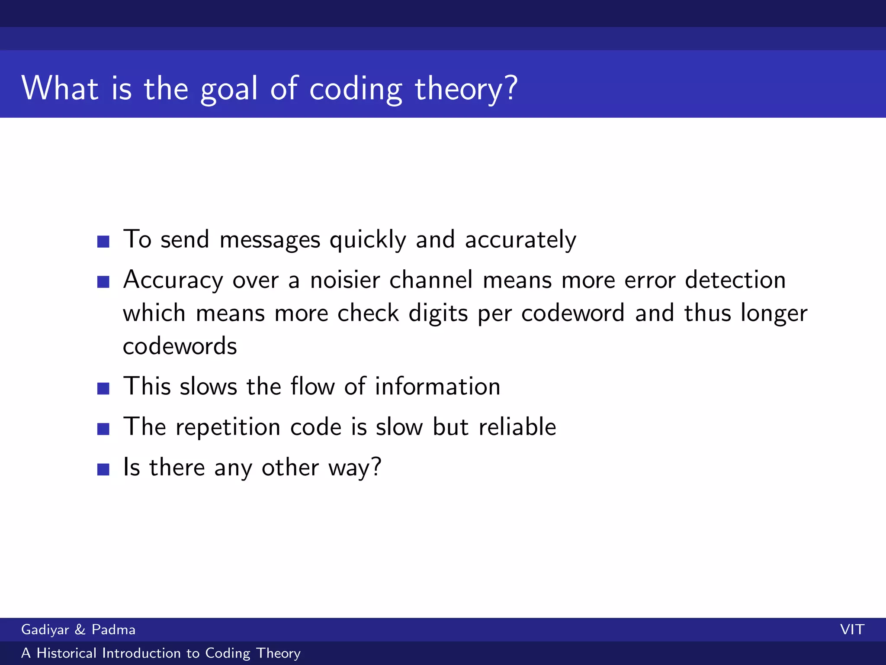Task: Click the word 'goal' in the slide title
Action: tap(229, 89)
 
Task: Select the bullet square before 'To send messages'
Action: tap(103, 242)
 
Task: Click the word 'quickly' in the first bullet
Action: tap(368, 240)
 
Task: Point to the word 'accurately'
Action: tap(520, 240)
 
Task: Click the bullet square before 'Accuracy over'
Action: tap(103, 282)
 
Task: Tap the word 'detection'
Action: tap(735, 280)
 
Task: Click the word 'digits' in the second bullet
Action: tap(438, 313)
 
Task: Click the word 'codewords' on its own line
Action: tap(180, 346)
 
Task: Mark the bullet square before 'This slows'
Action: tap(103, 388)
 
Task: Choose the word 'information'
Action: tap(437, 386)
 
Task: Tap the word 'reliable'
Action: tap(517, 427)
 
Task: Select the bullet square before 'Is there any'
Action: tap(103, 469)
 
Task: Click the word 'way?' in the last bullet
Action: tap(355, 468)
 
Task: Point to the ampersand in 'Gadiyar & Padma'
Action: tap(80, 629)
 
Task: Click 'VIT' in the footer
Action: tap(852, 629)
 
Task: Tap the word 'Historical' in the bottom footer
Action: tap(66, 653)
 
